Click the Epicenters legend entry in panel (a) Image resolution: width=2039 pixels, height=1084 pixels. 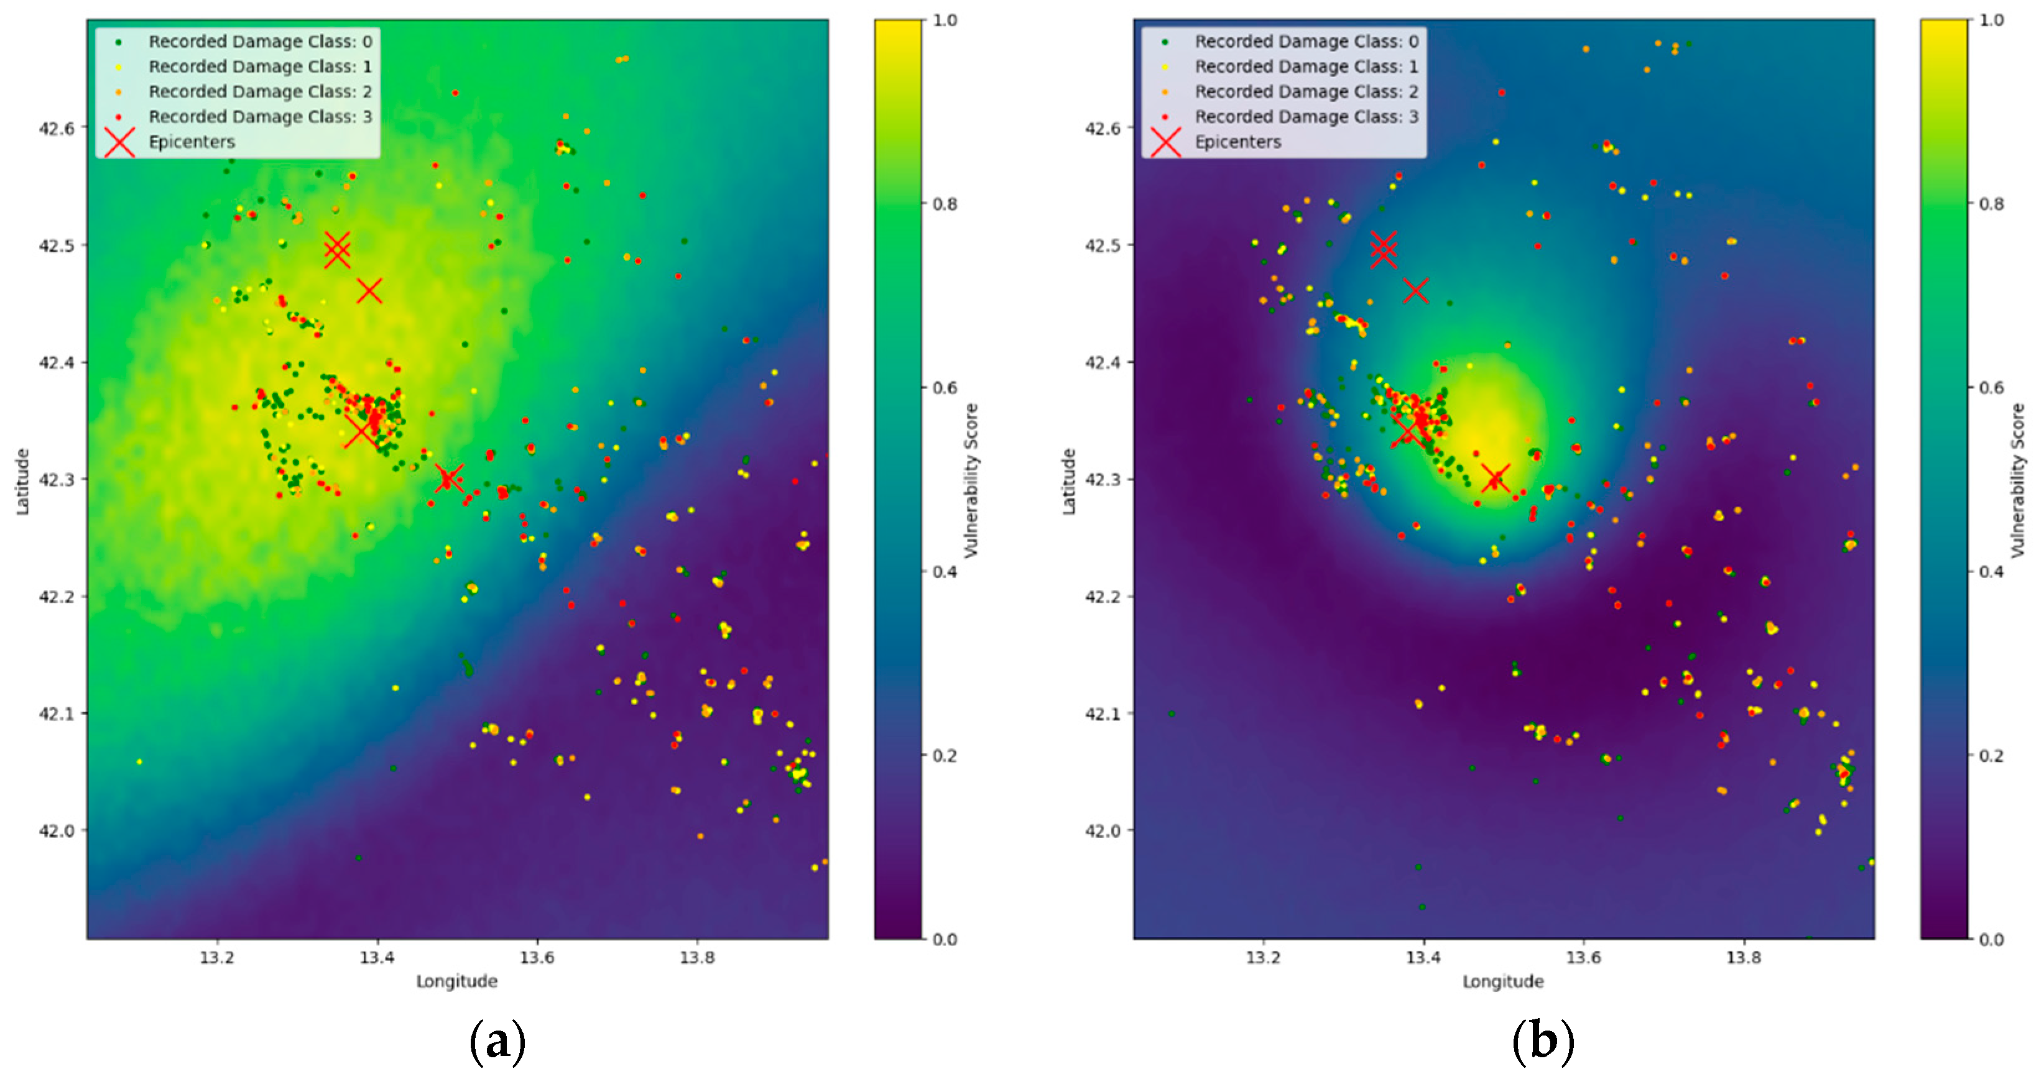pyautogui.click(x=192, y=142)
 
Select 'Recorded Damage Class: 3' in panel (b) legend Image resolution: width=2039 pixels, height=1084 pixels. pyautogui.click(x=1306, y=116)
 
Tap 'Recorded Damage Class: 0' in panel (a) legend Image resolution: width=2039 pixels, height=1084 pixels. pyautogui.click(x=260, y=41)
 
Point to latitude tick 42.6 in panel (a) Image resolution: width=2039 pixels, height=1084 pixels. pyautogui.click(x=57, y=128)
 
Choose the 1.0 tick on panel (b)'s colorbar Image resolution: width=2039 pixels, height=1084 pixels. pyautogui.click(x=1992, y=21)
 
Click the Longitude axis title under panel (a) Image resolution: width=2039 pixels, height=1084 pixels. pyautogui.click(x=456, y=982)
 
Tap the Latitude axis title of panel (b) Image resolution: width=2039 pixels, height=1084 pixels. pyautogui.click(x=1068, y=481)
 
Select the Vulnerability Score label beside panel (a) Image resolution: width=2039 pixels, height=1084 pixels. pyautogui.click(x=971, y=481)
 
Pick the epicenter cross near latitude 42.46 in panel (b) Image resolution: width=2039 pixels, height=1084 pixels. pyautogui.click(x=1415, y=290)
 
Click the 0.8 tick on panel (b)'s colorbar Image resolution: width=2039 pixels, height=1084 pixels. pyautogui.click(x=1992, y=204)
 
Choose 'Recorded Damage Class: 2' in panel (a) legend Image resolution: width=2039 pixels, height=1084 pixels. pyautogui.click(x=260, y=91)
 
